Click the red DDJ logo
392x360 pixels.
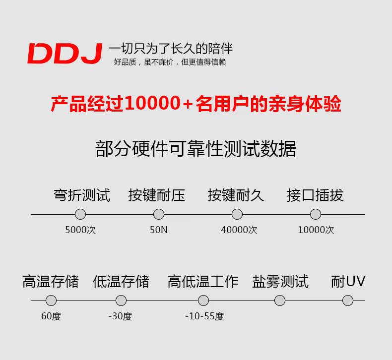point(65,54)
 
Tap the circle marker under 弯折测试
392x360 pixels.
point(80,214)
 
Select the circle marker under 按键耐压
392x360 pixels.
point(159,214)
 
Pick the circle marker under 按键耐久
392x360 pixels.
point(237,214)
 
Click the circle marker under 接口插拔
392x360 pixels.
point(316,214)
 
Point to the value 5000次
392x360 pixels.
point(80,230)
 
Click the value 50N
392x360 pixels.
point(159,230)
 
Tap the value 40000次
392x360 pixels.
point(239,230)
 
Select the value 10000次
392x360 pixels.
point(316,230)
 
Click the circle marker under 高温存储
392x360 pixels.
point(51,300)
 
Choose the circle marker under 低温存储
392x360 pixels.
point(121,300)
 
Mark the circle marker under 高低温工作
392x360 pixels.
point(203,300)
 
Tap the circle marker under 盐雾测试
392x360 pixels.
point(280,300)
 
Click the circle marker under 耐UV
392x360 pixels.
point(348,300)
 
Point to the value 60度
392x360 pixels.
point(51,316)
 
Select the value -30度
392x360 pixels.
point(120,316)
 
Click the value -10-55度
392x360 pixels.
point(204,316)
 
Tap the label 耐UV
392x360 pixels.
point(348,282)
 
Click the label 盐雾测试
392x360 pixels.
point(280,282)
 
